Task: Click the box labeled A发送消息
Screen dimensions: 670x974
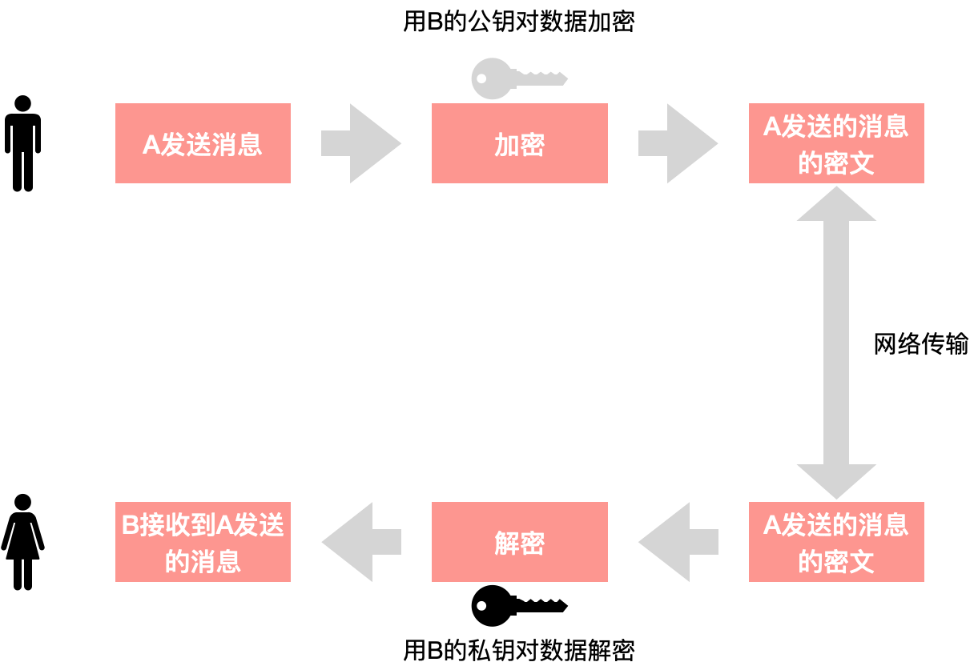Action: click(203, 143)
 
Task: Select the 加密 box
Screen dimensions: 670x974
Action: click(519, 143)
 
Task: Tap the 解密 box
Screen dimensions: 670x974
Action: click(519, 542)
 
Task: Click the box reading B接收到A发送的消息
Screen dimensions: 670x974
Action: click(203, 542)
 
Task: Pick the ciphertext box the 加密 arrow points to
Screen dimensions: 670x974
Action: click(836, 143)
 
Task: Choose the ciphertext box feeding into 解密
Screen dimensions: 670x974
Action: click(836, 542)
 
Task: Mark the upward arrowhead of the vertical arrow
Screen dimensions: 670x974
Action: click(836, 206)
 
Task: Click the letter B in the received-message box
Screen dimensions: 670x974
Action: click(130, 525)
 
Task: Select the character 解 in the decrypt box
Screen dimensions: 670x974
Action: click(506, 544)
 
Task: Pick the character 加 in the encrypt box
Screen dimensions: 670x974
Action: click(506, 145)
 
